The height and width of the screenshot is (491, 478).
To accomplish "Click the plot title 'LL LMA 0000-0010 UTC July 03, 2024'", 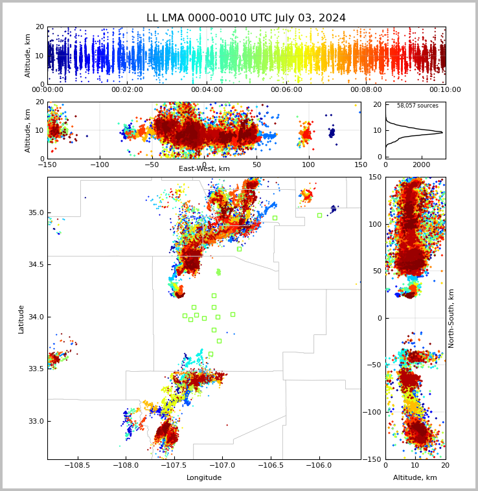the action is point(246,18).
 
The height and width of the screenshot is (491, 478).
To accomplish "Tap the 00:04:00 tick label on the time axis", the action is point(207,89).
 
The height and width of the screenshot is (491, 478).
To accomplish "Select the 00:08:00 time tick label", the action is point(366,89).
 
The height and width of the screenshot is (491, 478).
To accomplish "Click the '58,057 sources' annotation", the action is point(418,106).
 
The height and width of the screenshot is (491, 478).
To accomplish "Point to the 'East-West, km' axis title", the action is point(204,168).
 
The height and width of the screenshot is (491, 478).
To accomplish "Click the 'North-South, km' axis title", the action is point(451,319).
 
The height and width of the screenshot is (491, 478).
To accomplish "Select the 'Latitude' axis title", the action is point(21,319).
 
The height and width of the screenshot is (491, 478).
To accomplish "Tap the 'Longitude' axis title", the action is point(204,477).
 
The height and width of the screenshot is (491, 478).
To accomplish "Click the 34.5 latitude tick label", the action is point(36,264).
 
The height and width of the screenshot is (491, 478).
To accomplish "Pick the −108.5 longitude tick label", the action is point(78,465).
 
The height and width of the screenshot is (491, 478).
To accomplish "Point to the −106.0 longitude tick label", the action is point(319,465).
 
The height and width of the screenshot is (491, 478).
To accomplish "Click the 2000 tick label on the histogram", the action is point(422,165).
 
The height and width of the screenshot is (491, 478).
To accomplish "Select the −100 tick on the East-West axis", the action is point(100,165).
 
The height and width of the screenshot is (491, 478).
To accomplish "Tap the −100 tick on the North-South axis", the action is point(372,412).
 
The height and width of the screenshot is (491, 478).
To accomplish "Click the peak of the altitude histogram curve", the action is point(442,132).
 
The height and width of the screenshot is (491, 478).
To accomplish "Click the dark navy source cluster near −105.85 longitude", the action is point(334,209).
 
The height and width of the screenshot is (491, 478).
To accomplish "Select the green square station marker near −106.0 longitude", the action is point(319,216).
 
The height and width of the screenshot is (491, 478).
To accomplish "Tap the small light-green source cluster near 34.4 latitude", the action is point(218,272).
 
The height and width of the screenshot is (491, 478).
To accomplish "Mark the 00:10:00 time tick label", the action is point(445,89).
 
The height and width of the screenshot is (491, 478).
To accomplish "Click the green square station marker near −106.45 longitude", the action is point(275,218).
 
